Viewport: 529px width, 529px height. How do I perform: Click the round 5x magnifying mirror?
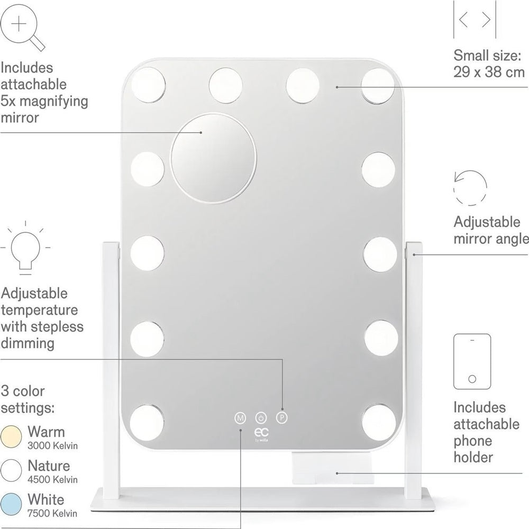pos(213,158)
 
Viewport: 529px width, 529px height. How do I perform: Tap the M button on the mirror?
pos(240,418)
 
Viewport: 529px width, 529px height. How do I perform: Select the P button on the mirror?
pos(282,418)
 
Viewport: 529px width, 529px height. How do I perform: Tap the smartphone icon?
pos(472,361)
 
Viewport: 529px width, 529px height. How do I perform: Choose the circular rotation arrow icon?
pos(470,188)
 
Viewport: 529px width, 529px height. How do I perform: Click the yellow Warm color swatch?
pos(11,436)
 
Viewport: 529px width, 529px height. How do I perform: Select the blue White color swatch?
pos(11,504)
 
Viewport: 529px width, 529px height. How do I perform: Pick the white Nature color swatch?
pos(11,470)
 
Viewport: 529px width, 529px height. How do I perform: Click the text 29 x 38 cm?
pos(489,72)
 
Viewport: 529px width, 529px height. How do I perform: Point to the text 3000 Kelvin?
pos(52,445)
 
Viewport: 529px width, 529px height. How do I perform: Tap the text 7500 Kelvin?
pos(52,514)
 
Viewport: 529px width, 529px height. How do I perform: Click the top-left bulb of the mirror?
pos(148,84)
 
